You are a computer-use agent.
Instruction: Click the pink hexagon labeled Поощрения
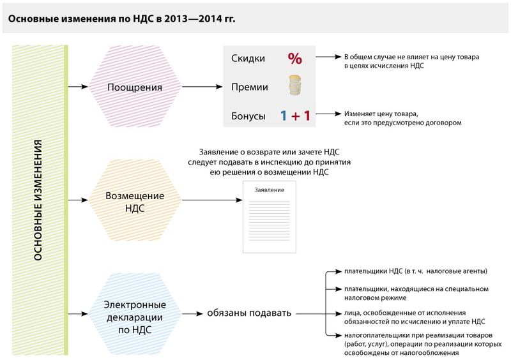pos(134,87)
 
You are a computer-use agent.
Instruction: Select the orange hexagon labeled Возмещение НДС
pos(134,201)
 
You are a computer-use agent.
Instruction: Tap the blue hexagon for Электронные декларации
pos(134,313)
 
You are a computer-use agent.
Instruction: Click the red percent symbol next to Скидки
pos(294,58)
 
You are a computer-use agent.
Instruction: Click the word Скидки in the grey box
pos(248,59)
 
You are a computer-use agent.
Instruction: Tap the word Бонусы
pos(248,116)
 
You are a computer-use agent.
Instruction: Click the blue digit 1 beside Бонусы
pos(282,116)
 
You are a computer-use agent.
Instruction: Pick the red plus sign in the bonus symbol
pos(295,116)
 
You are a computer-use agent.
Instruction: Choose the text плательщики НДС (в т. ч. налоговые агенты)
pos(406,271)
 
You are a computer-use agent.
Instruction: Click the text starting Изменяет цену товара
pos(402,117)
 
